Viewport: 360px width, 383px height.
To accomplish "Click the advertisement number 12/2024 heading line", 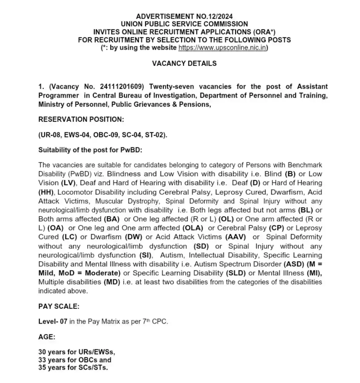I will tap(184, 16).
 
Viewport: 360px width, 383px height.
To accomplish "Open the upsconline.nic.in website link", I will tap(223, 48).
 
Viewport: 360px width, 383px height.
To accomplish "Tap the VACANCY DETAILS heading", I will tap(184, 63).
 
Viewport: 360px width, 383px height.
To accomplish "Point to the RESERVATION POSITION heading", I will tap(81, 119).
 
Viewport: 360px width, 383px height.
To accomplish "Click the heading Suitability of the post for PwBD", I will tap(90, 150).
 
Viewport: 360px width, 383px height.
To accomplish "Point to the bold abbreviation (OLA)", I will tap(192, 228).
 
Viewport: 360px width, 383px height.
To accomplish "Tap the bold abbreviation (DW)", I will tap(134, 237).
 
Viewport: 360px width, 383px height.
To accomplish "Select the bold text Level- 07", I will tap(53, 321).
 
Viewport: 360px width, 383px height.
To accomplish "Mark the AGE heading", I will tap(47, 337).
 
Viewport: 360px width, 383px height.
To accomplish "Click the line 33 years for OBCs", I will tap(75, 360).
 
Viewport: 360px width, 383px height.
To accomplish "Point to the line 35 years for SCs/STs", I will tap(73, 367).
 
